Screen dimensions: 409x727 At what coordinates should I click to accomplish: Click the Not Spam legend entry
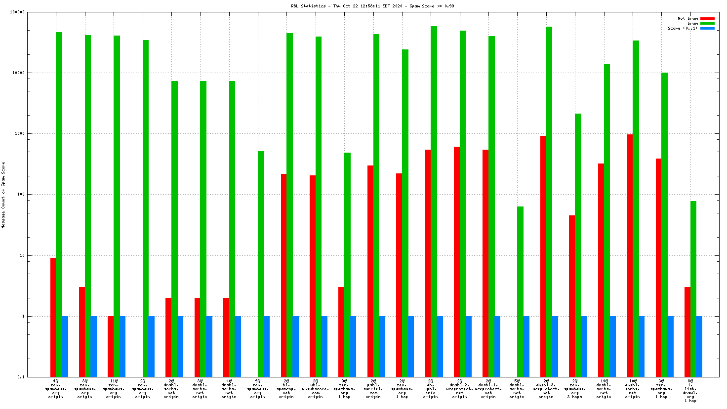tap(687, 18)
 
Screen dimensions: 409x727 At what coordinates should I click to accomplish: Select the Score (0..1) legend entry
tap(683, 28)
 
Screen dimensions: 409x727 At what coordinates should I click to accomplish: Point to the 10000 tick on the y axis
tap(18, 73)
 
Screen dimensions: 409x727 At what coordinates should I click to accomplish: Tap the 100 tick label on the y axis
tap(20, 195)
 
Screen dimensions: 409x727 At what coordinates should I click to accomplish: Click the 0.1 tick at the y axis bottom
tap(21, 377)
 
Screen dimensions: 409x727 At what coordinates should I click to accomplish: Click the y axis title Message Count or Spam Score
tap(3, 195)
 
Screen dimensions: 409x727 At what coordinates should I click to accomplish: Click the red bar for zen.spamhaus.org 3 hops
tap(572, 296)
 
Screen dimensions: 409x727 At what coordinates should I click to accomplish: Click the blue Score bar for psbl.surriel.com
tap(382, 346)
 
